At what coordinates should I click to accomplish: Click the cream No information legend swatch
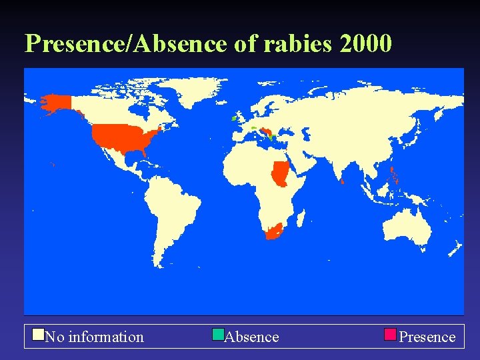[x=39, y=334]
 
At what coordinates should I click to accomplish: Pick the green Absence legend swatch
[x=218, y=334]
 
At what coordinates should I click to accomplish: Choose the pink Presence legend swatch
[x=391, y=334]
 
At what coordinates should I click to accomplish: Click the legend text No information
[x=94, y=337]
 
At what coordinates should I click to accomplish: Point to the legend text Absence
[x=252, y=337]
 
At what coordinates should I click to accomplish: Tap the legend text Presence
[x=427, y=337]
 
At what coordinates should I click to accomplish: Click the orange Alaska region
[x=57, y=103]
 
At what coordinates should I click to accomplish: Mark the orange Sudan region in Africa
[x=280, y=175]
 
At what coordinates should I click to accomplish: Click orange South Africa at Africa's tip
[x=274, y=232]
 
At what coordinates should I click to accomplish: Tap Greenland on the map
[x=193, y=90]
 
